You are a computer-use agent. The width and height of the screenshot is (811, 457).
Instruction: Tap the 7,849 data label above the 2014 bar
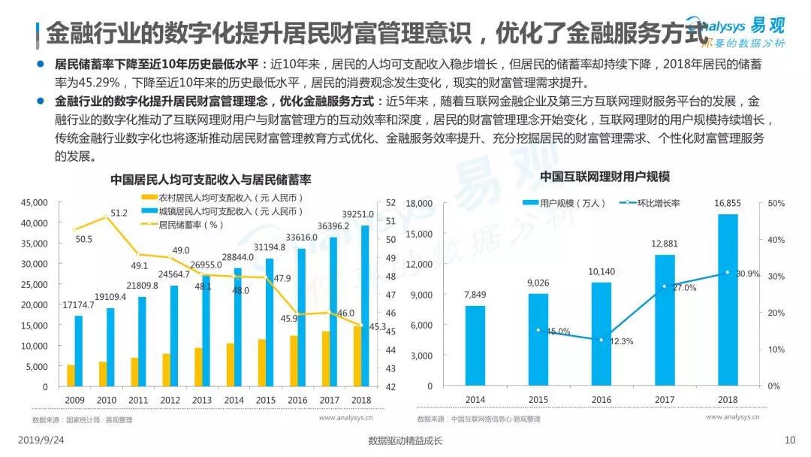[475, 294]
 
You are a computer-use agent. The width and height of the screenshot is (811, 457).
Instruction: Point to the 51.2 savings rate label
[119, 213]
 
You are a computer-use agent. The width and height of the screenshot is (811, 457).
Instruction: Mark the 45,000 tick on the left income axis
[35, 203]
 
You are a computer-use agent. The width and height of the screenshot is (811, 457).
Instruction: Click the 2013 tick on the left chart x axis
[203, 399]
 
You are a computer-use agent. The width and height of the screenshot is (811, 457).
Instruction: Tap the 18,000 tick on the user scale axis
[419, 204]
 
